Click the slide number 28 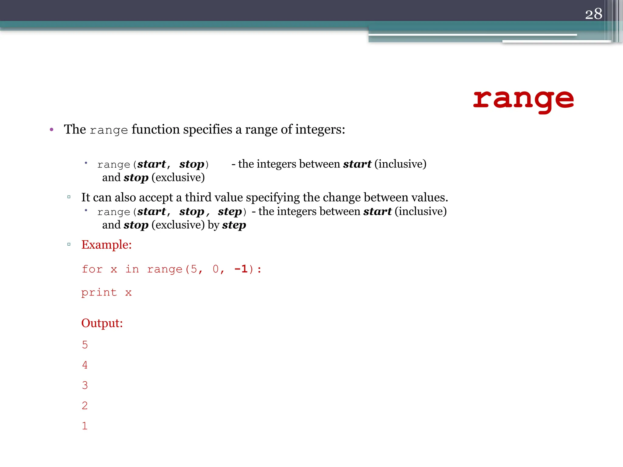pos(593,14)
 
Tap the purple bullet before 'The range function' pos(52,130)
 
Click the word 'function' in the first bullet pos(155,130)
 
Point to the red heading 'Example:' pos(106,244)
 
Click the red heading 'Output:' pos(102,323)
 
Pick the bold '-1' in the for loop pos(241,269)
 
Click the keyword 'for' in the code pos(92,269)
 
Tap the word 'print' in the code pos(99,292)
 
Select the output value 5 pos(85,345)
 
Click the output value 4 pos(85,365)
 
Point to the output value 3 pos(85,385)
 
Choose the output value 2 pos(85,406)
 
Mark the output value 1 pos(85,426)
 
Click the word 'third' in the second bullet pos(199,197)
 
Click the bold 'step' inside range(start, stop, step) pos(230,212)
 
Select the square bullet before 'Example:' pos(69,244)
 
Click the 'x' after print pos(128,293)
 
